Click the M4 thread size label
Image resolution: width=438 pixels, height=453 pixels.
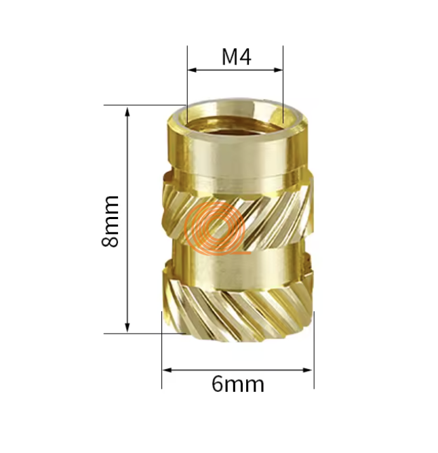[236, 58]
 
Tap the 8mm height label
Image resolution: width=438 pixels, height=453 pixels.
[110, 220]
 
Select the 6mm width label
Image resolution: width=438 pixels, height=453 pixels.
[237, 385]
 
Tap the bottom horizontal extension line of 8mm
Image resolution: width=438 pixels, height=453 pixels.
[142, 333]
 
